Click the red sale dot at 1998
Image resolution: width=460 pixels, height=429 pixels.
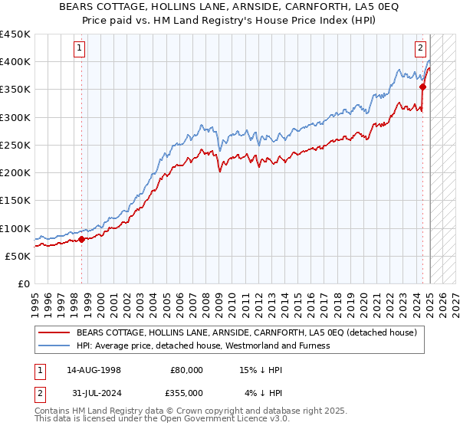pos(81,239)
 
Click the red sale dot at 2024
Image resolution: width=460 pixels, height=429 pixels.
pos(422,87)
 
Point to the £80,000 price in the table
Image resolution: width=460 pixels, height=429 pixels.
pos(187,370)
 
